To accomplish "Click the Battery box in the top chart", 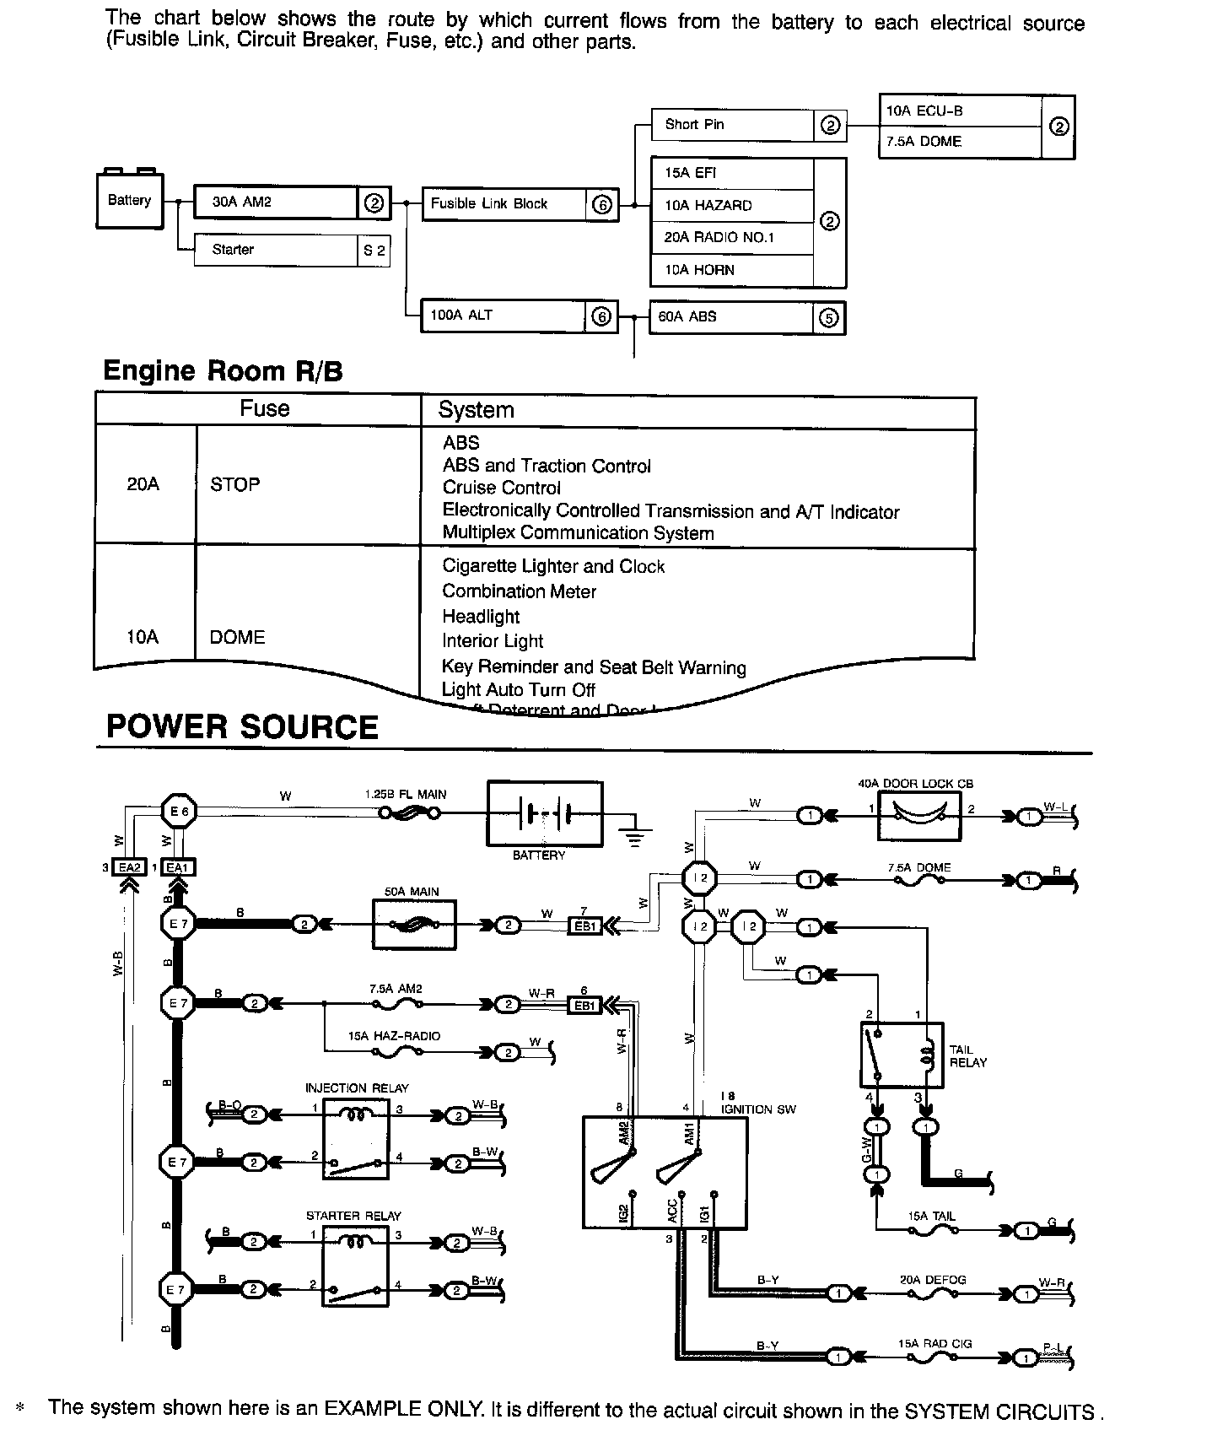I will tap(130, 201).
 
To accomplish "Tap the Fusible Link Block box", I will tap(520, 204).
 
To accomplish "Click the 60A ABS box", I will tap(746, 317).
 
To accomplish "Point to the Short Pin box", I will tap(748, 125).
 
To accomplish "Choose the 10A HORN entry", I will tap(732, 270).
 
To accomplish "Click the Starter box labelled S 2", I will tap(292, 250).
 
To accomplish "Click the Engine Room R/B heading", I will tap(223, 371).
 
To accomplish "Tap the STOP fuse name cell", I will tap(235, 485).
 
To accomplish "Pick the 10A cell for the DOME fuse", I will tap(143, 637).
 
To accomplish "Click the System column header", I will tap(476, 410).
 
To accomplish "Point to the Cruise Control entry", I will tap(501, 488).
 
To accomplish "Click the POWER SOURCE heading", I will tap(242, 727).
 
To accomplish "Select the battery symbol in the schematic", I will tap(545, 814).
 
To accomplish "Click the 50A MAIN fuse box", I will tap(414, 925).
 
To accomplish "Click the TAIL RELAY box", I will tap(902, 1055).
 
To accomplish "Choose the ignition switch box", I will tap(665, 1173).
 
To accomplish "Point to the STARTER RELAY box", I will tap(355, 1266).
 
